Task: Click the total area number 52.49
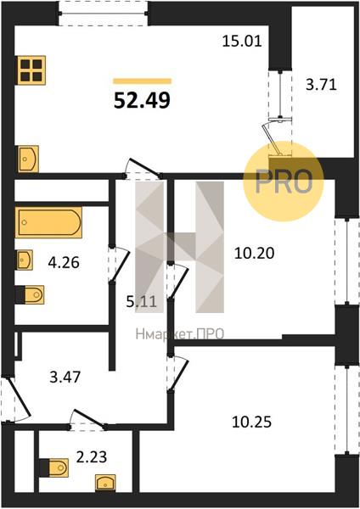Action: coord(142,100)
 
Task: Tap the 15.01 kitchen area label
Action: coord(242,42)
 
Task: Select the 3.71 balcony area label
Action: coord(321,85)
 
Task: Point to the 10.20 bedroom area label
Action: coord(254,253)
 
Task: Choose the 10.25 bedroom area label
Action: coord(252,422)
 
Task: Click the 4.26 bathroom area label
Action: coord(64,262)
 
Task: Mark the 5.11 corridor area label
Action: coord(141,302)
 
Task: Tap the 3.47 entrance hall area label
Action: coord(65,378)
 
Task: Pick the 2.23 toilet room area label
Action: coord(92,457)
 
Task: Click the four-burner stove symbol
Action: coord(31,70)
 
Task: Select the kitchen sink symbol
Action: coord(28,159)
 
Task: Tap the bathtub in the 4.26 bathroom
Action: coord(48,222)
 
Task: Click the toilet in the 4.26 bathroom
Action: coord(31,294)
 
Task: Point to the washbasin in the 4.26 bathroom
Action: coord(25,260)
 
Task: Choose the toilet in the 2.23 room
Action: coord(54,467)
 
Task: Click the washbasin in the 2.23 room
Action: coord(105,483)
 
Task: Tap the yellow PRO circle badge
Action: coord(284,182)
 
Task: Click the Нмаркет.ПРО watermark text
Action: coord(180,334)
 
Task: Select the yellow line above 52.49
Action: coord(143,81)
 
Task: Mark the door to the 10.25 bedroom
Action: coord(177,373)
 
